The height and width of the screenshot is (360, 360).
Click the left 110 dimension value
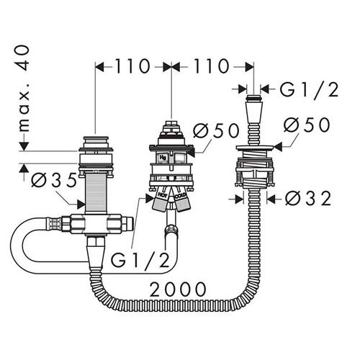[x=132, y=66]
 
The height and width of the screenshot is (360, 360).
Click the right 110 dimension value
[x=212, y=66]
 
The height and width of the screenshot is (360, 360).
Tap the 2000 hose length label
[x=178, y=289]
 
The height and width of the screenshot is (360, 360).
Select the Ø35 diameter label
[x=54, y=180]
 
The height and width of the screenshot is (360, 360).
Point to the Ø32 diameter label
[x=308, y=199]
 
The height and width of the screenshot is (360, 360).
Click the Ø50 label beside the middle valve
[x=216, y=131]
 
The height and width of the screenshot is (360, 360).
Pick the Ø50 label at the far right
[x=307, y=125]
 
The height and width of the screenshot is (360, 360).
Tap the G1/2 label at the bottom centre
[x=140, y=260]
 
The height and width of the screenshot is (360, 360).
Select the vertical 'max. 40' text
[x=24, y=89]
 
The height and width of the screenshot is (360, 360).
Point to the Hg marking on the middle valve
[x=163, y=158]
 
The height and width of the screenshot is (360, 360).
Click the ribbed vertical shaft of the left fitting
[x=96, y=194]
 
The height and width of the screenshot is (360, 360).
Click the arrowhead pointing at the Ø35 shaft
[x=81, y=204]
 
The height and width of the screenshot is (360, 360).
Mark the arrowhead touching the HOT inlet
[x=149, y=198]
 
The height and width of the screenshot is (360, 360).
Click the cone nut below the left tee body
[x=95, y=256]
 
